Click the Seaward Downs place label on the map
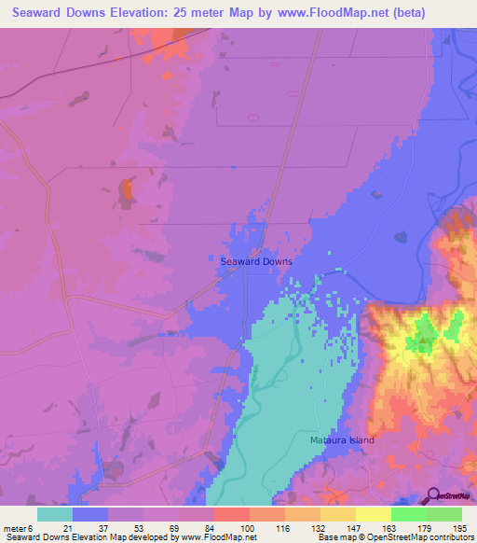click(256, 262)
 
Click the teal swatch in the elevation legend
click(54, 514)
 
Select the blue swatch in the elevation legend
click(89, 514)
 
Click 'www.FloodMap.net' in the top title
click(313, 12)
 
